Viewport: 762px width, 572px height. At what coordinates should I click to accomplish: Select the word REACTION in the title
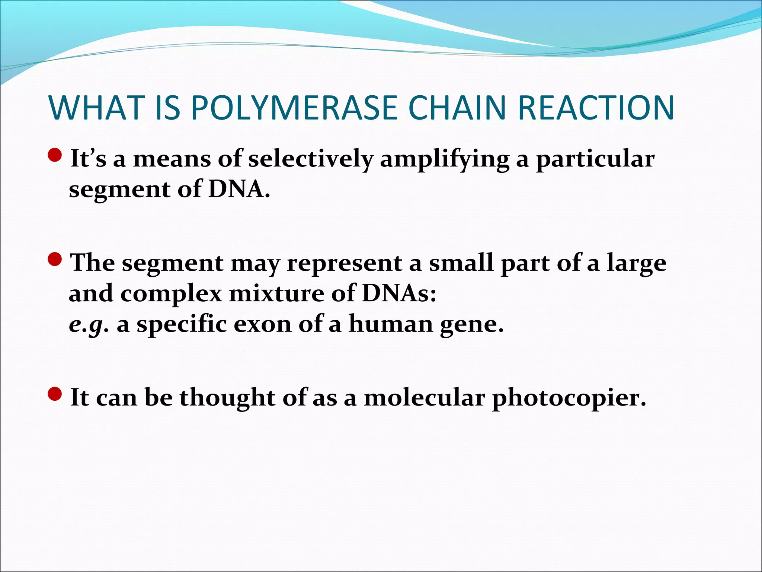pos(596,108)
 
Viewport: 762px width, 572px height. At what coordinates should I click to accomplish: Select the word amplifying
pos(445,160)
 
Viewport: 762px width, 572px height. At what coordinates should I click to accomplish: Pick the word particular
pos(595,160)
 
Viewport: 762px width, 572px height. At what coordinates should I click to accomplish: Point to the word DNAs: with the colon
pos(399,294)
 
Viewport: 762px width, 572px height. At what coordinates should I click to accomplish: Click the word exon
pos(263,324)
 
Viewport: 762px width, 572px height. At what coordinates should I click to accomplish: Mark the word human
pos(391,324)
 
